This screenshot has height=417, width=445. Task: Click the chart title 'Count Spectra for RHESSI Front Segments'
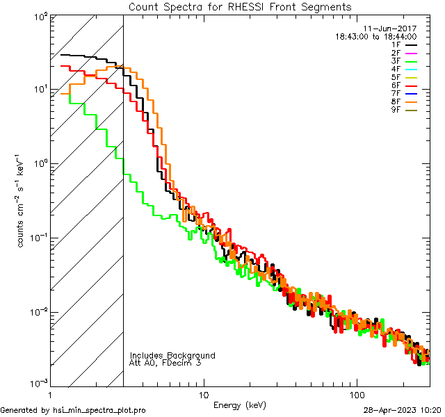[240, 6]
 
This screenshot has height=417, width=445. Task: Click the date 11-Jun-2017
[390, 28]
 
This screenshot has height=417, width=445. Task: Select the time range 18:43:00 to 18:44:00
[375, 36]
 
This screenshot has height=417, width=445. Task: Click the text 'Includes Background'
[172, 355]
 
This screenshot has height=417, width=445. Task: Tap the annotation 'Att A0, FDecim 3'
[165, 363]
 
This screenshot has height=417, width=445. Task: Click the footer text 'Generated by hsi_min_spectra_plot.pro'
[73, 410]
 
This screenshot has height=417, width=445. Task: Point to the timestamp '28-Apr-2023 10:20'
[403, 410]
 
